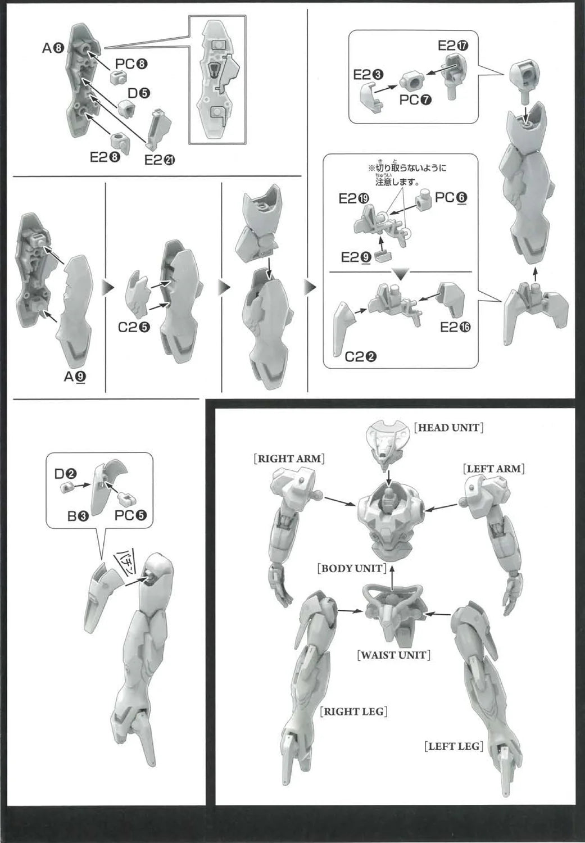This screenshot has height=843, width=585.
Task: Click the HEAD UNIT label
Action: click(448, 428)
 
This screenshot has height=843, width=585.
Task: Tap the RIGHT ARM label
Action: click(289, 459)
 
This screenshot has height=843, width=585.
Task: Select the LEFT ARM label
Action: click(493, 469)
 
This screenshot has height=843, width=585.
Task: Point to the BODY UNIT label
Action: click(352, 568)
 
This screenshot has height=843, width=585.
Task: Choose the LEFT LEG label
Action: click(454, 746)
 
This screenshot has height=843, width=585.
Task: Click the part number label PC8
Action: click(131, 65)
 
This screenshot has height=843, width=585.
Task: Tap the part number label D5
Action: click(139, 93)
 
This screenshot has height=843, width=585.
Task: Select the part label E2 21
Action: click(160, 160)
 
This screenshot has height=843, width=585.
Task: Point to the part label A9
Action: click(75, 376)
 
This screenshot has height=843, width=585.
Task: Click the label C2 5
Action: click(134, 328)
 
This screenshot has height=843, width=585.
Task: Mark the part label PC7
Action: click(415, 100)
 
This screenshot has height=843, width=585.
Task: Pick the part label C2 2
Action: click(360, 357)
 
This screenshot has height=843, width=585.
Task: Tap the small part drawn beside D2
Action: click(66, 488)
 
